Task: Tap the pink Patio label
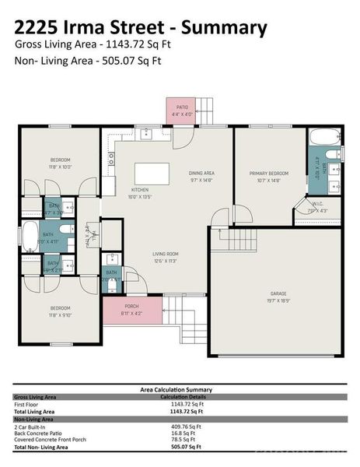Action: pos(182,110)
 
